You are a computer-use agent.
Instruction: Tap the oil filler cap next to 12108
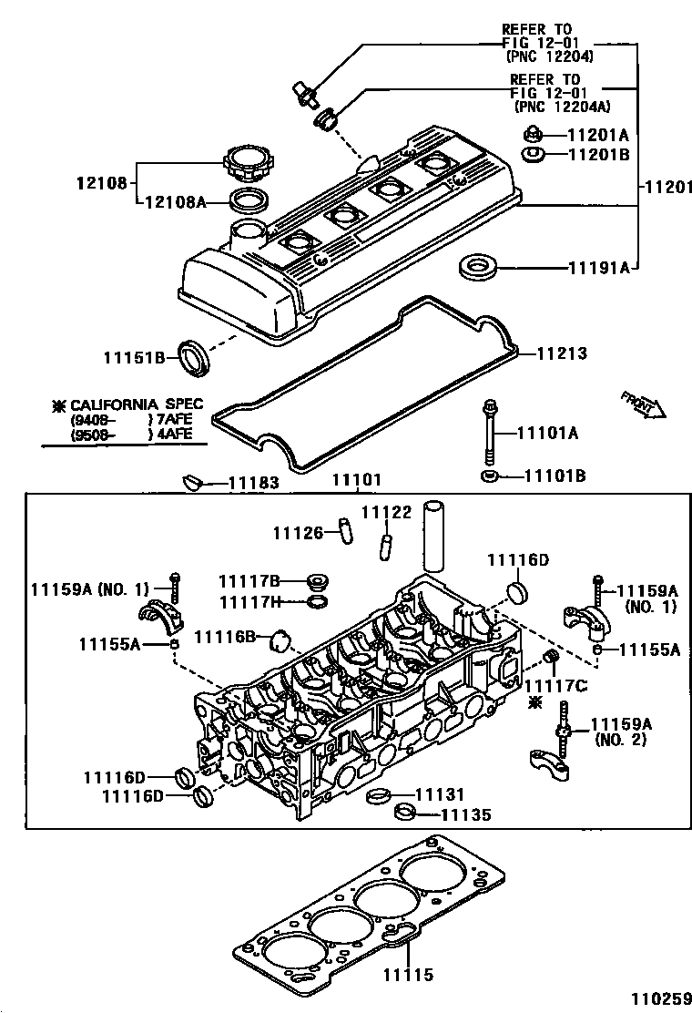[243, 169]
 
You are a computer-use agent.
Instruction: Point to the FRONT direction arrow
[644, 404]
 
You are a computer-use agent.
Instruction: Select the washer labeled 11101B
[490, 476]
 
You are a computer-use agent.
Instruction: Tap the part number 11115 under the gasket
[405, 976]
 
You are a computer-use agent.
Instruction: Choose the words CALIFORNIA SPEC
[137, 404]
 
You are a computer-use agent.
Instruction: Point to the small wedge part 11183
[191, 481]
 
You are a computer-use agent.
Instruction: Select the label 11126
[299, 532]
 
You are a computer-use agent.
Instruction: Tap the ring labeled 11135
[402, 812]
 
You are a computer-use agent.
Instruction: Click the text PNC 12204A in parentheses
[555, 107]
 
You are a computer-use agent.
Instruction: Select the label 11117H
[249, 601]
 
